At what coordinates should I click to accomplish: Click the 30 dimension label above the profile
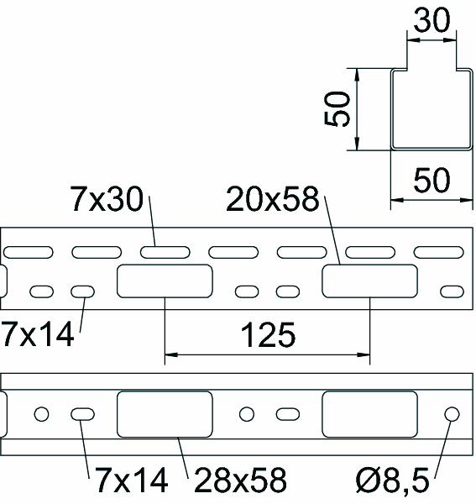pos(432,20)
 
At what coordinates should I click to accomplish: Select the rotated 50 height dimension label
pos(337,109)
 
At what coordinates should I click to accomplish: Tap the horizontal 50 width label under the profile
pos(432,180)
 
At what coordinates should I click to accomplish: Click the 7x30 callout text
pos(107,199)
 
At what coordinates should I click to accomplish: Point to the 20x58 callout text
pos(273,199)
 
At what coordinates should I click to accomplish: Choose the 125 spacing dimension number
pos(268,335)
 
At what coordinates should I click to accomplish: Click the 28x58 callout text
pos(240,480)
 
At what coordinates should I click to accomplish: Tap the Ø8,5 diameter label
pos(393,480)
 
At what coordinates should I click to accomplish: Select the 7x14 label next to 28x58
pos(132,480)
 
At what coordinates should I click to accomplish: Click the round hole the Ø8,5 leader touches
pos(452,414)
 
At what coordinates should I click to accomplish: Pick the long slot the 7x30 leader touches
pos(165,252)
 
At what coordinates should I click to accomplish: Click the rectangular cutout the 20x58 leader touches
pos(370,281)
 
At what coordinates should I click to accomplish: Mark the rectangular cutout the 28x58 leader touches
pos(165,414)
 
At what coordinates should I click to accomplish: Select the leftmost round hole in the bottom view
pos(41,414)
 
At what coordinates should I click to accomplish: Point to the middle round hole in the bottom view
pos(247,414)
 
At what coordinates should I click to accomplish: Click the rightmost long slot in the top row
pos(439,252)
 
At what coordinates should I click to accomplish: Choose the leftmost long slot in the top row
pos(29,252)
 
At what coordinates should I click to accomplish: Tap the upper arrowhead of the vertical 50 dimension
pos(357,75)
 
